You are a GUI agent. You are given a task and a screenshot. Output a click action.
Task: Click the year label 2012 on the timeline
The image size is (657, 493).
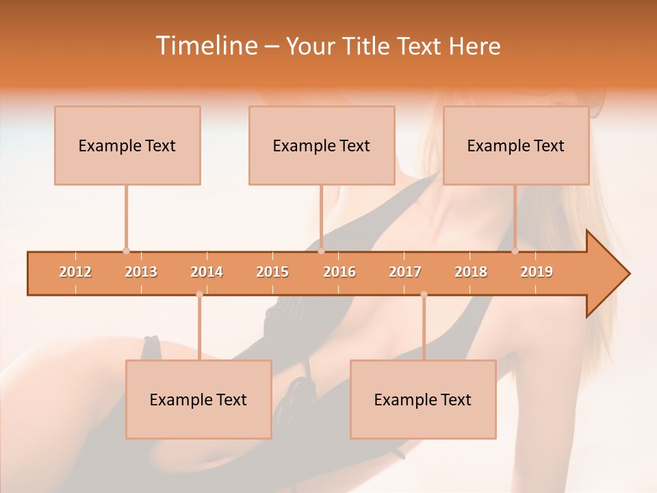tap(75, 272)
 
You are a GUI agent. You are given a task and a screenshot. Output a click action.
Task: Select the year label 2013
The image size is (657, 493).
tap(141, 272)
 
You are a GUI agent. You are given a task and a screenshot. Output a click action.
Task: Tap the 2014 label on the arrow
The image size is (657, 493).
tap(207, 272)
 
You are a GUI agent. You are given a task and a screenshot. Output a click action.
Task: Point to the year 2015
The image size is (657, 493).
tap(272, 272)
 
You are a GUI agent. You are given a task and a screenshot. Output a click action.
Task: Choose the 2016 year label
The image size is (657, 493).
tap(339, 272)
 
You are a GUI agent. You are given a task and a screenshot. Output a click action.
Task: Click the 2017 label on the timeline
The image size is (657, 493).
tap(405, 272)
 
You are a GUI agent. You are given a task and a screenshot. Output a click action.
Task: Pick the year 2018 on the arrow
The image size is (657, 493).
tap(471, 272)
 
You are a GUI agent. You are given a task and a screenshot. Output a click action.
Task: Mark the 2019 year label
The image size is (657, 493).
tap(537, 272)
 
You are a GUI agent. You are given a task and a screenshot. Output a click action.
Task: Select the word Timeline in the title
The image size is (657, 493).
tap(205, 46)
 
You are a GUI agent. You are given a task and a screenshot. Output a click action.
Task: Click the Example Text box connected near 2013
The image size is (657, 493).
tap(127, 145)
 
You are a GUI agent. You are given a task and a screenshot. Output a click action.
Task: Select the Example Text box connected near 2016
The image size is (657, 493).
tap(322, 145)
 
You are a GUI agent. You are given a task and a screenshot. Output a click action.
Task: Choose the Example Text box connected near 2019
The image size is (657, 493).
tap(516, 145)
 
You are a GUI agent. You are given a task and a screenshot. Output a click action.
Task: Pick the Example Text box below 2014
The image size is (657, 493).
tap(198, 399)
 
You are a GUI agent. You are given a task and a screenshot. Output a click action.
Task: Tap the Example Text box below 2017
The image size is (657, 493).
tap(423, 399)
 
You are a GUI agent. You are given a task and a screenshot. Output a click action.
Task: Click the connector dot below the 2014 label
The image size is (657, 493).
tap(199, 294)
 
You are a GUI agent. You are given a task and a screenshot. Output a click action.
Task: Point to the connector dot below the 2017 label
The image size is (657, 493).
tap(424, 294)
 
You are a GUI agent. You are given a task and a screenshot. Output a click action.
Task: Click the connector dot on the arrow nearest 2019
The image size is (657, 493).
tap(515, 251)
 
